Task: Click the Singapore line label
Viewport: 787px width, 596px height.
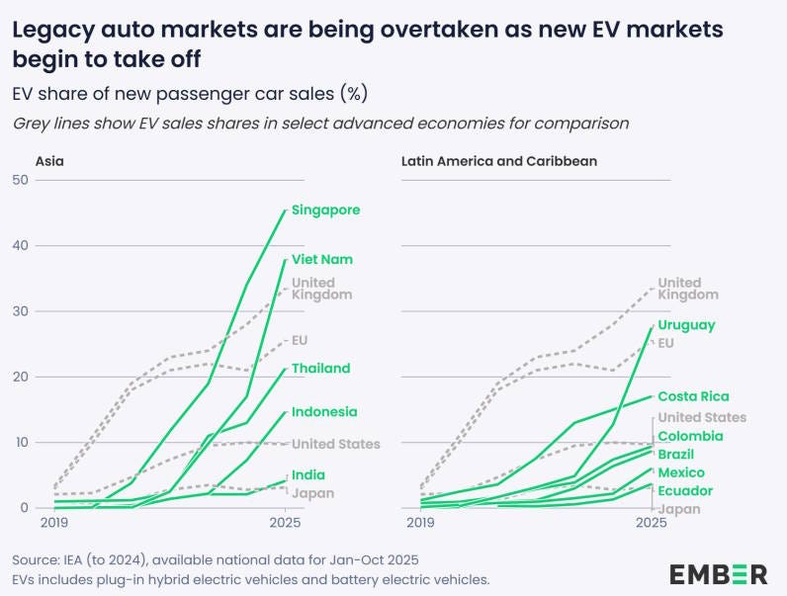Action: pos(325,210)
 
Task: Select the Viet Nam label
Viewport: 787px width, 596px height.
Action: pos(321,259)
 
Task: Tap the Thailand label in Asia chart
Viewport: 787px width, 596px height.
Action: pos(320,369)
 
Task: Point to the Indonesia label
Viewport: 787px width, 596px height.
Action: pos(324,412)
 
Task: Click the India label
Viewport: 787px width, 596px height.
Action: pos(308,475)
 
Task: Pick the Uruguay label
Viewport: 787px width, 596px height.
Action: pos(686,325)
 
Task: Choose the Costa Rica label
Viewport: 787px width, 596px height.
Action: pos(694,396)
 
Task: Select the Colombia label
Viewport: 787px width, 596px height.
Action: pos(690,436)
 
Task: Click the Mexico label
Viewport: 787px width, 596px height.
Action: pos(681,473)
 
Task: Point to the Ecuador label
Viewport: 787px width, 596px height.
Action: pos(685,491)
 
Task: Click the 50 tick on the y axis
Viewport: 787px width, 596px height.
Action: pos(19,180)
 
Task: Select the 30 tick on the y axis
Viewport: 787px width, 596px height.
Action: pos(19,311)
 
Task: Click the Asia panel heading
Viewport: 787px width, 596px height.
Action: pos(50,160)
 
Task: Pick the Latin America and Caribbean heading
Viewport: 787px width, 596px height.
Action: pos(498,160)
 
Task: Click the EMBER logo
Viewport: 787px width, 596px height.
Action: pos(718,573)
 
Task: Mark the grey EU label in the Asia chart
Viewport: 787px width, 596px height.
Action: pos(300,340)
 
